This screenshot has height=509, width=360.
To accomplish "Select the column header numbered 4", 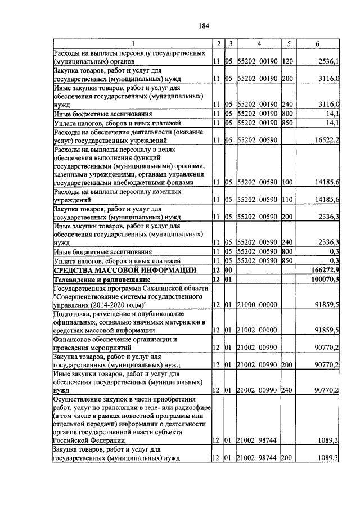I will point(259,43).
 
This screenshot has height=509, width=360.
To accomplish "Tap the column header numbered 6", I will point(317,43).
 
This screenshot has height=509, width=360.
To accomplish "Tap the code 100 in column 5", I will point(288,182).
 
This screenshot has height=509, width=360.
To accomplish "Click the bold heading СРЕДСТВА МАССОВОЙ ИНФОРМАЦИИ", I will point(125,270).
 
